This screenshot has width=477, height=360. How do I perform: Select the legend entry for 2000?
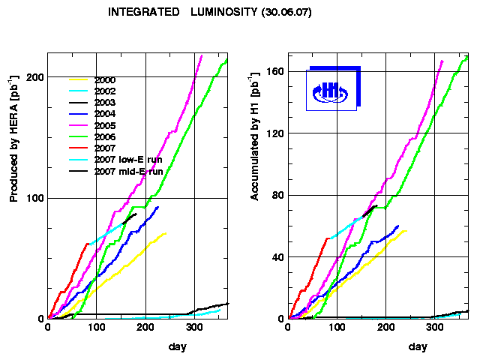[x=109, y=79]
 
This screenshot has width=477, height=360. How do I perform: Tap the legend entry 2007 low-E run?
[x=128, y=160]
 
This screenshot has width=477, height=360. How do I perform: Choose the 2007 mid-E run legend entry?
[x=128, y=172]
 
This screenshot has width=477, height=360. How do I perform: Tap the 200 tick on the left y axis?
[x=34, y=77]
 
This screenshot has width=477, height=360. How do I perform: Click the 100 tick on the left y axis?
[x=34, y=198]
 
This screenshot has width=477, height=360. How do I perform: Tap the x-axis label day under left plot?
[x=177, y=346]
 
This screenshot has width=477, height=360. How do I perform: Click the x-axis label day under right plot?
[x=418, y=346]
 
